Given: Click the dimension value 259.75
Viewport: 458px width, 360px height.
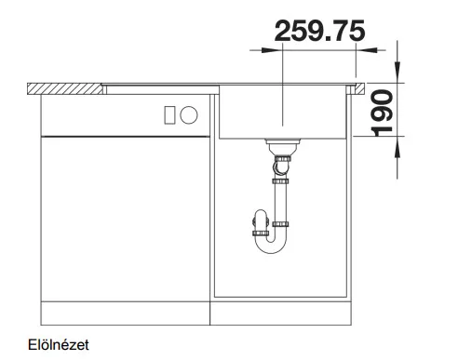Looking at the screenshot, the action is pos(319,31).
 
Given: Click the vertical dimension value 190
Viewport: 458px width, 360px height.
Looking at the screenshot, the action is pos(383,113).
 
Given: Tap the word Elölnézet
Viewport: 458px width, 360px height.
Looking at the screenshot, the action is pos(59,345).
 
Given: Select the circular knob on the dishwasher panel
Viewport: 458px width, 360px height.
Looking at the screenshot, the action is pos(189,114).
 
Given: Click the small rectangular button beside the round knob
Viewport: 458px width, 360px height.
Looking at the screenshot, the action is pos(169,115).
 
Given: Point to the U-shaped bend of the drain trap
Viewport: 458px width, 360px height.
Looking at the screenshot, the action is pos(271,244).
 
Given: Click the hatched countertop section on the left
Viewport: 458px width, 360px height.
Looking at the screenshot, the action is pos(65,88).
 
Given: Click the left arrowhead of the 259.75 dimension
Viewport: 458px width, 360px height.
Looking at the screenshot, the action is pos(269,50).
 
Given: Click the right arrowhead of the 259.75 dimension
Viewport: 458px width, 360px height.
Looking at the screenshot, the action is pos(370,50).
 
